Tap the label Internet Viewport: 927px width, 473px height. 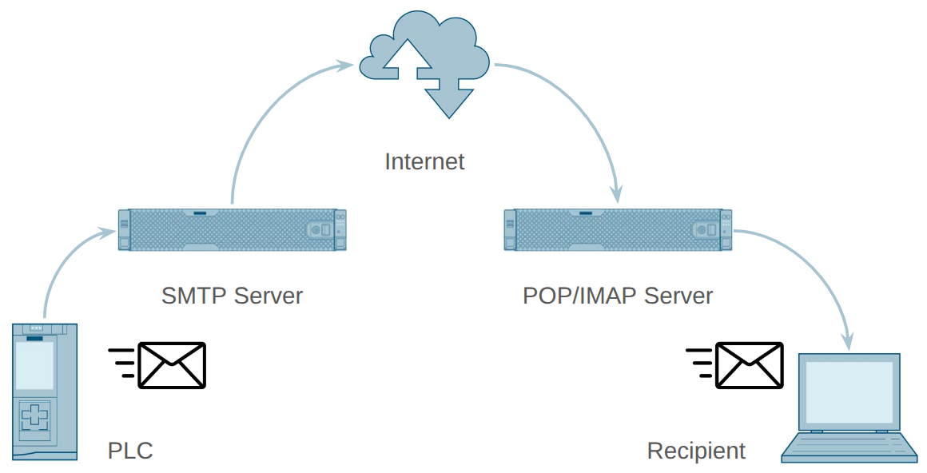point(424,161)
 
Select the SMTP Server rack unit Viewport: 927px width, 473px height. point(232,229)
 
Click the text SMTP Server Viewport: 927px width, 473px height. point(232,296)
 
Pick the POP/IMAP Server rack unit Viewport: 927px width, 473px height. point(618,229)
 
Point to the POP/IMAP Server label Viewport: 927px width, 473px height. point(618,296)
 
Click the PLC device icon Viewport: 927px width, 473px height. point(45,392)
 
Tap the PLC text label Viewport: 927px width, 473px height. point(130,451)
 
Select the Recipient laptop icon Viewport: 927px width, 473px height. point(849,407)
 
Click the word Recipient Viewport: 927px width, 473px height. point(696,451)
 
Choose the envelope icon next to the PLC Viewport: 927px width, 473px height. point(171,365)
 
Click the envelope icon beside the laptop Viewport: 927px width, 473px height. point(749,365)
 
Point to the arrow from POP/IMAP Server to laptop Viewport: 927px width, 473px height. point(815,272)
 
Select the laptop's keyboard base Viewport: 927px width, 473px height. point(849,447)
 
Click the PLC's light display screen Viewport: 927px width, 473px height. point(35,366)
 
